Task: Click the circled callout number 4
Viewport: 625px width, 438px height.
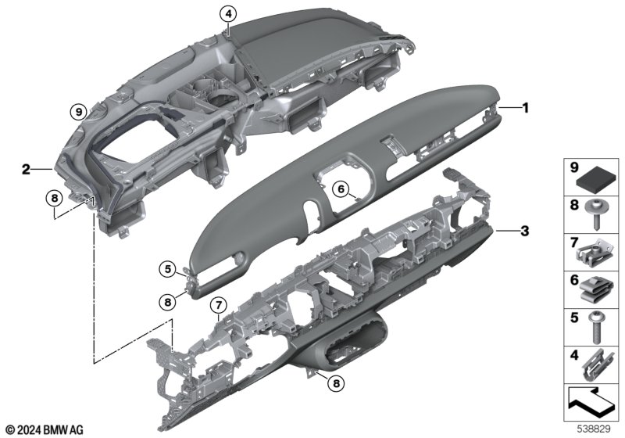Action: point(228,15)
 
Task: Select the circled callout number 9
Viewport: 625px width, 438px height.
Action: point(79,112)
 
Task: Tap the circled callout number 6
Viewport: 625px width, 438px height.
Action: point(341,188)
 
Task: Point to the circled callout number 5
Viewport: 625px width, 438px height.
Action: point(167,269)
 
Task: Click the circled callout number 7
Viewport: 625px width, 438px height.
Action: point(218,306)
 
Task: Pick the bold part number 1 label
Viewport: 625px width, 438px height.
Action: point(526,108)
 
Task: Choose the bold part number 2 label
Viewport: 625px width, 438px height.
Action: point(26,170)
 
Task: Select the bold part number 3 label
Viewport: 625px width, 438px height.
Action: point(525,231)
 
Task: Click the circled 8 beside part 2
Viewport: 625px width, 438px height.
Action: point(55,198)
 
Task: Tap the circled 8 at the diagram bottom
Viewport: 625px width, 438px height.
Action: point(336,383)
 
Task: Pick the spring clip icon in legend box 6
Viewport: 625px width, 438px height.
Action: point(595,290)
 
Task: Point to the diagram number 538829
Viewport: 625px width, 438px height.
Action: point(594,429)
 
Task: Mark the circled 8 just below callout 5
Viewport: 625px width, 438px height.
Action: point(167,302)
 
